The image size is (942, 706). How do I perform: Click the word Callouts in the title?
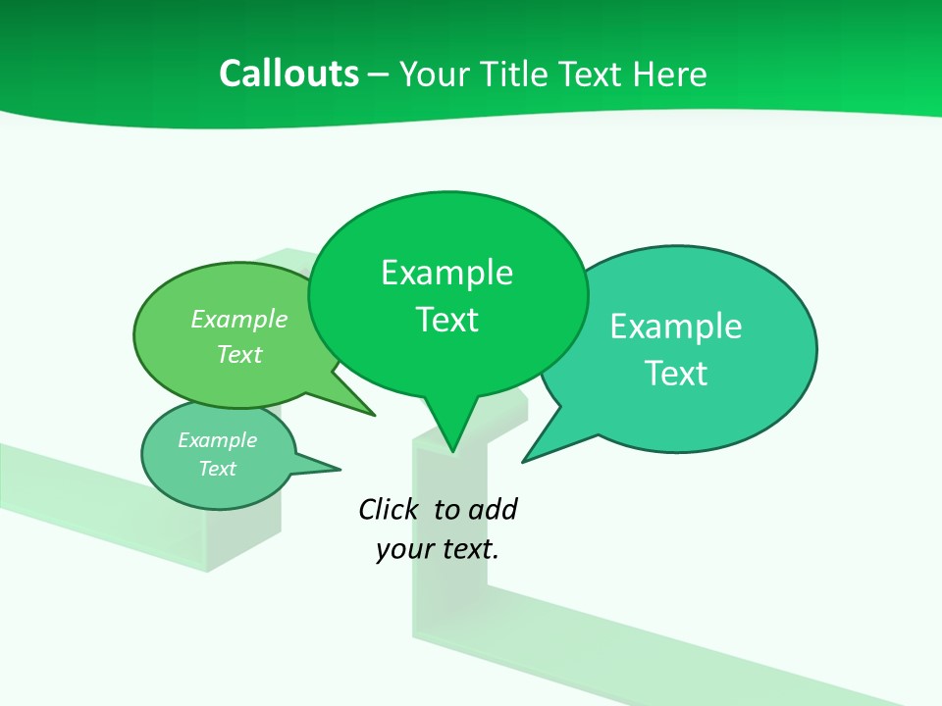coord(288,74)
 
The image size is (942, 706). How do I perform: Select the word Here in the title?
coord(670,74)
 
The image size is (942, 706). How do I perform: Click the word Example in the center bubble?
coord(446,273)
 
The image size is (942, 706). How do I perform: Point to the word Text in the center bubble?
coord(446,320)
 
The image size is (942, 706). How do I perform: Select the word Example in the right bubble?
coord(676,327)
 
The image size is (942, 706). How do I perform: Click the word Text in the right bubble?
coord(676,374)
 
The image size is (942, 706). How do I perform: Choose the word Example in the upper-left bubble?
coord(239,319)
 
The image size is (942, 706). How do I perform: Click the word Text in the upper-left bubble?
coord(239,354)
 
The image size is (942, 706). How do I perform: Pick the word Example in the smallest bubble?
coord(217,440)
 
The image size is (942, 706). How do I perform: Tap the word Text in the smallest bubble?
coord(217,469)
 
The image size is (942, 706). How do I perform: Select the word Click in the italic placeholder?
coord(388,509)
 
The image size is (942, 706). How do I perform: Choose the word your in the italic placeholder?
coord(404,549)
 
